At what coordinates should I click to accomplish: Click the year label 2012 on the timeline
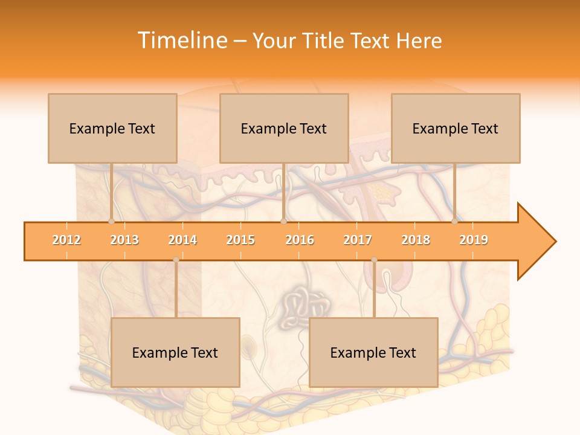[x=66, y=240]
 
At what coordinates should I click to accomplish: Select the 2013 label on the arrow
[x=124, y=240]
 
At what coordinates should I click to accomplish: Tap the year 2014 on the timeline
[x=182, y=240]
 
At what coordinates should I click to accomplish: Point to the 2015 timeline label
[x=240, y=240]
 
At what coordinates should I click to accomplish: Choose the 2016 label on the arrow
[x=300, y=240]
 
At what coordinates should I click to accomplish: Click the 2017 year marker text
[x=358, y=240]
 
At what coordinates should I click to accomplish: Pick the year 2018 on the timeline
[x=416, y=240]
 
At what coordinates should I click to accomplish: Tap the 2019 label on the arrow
[x=474, y=240]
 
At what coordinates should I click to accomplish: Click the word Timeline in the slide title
[x=181, y=40]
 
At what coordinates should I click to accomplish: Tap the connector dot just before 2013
[x=111, y=221]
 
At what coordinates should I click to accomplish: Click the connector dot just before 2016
[x=283, y=221]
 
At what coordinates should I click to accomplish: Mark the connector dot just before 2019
[x=454, y=221]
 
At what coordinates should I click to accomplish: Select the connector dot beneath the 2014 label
[x=176, y=260]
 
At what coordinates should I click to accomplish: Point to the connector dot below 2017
[x=374, y=260]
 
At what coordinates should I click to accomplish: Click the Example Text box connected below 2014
[x=175, y=352]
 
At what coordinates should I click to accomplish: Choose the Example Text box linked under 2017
[x=373, y=352]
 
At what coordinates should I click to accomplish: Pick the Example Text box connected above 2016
[x=284, y=128]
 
